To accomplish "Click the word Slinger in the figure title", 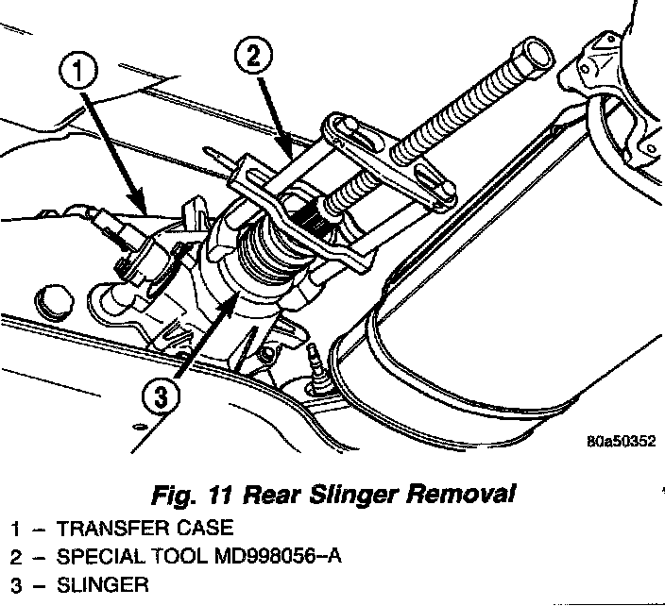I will (x=359, y=493).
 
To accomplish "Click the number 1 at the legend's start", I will (x=15, y=527).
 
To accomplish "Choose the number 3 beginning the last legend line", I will (x=15, y=585).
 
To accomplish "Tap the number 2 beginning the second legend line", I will (x=15, y=556).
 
